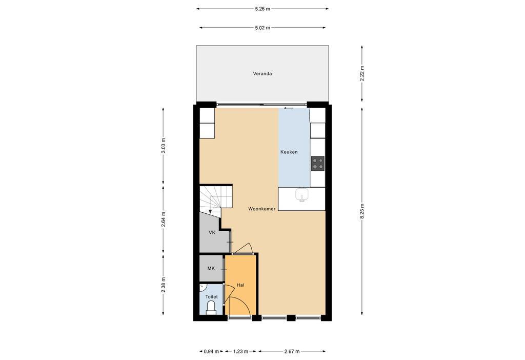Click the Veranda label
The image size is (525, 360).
[x=262, y=74]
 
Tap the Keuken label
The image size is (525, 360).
[x=289, y=152]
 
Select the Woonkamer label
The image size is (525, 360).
[x=261, y=209]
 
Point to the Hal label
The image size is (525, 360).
[x=240, y=285]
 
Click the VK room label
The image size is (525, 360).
[x=212, y=232]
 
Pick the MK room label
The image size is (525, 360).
[x=211, y=268]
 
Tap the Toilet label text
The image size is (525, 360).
[x=211, y=297]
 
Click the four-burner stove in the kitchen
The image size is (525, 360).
[x=318, y=164]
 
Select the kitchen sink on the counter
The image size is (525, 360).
[x=301, y=194]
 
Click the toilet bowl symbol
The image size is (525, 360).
[x=211, y=307]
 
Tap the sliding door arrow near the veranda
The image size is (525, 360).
[x=289, y=108]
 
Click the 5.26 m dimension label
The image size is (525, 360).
[x=262, y=9]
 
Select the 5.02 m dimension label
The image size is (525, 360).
[x=262, y=28]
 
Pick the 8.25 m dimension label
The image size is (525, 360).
[x=361, y=211]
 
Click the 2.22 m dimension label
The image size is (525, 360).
[x=361, y=73]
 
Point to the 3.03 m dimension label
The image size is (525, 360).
[x=163, y=146]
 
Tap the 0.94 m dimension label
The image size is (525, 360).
[x=211, y=351]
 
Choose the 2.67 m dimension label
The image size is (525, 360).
[x=292, y=351]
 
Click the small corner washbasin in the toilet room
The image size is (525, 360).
[x=202, y=287]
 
